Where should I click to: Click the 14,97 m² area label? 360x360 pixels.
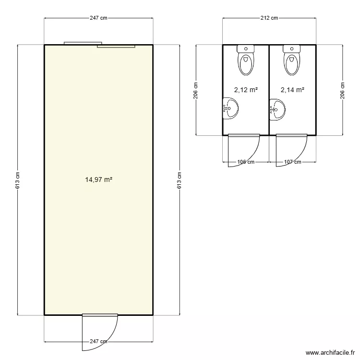99,180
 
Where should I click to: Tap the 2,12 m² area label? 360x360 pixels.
246,90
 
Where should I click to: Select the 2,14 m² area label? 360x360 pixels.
292,90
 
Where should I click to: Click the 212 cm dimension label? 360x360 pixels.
269,18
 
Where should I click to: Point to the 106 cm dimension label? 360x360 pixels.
246,162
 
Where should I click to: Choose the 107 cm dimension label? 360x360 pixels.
292,162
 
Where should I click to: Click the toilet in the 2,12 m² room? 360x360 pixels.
246,60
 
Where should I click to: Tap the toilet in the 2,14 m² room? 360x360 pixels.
291,60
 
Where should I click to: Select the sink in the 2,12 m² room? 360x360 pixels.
230,108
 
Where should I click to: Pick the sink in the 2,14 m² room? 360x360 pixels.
277,110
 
